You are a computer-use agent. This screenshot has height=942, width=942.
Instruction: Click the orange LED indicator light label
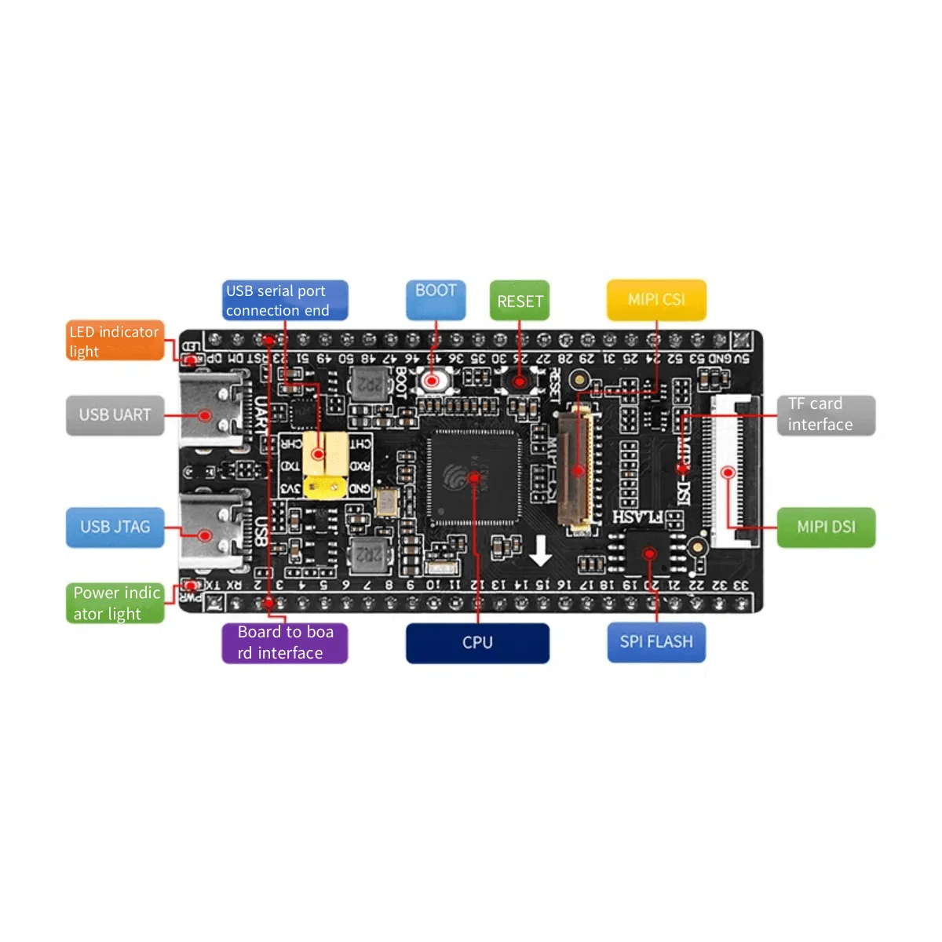115,341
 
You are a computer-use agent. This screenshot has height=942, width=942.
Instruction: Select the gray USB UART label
115,415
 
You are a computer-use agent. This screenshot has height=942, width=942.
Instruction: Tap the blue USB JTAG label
115,527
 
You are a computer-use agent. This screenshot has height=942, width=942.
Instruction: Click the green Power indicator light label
115,603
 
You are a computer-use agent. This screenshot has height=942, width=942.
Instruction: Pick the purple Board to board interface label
285,643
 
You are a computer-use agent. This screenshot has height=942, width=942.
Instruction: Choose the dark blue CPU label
477,643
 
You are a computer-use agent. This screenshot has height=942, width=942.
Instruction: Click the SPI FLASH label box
656,642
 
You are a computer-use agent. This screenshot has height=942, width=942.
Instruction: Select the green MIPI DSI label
826,527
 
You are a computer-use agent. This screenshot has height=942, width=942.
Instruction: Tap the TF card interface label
826,414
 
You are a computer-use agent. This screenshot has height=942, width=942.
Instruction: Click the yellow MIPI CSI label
656,300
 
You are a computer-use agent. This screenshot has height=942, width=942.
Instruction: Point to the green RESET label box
520,301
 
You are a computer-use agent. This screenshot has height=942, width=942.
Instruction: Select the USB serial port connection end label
285,301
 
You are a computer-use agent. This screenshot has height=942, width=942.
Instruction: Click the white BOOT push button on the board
432,381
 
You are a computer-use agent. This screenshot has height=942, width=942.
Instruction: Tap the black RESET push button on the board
519,382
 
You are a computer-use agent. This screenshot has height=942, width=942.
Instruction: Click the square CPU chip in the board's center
473,476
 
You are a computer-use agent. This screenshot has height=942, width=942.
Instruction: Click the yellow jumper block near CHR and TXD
325,465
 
